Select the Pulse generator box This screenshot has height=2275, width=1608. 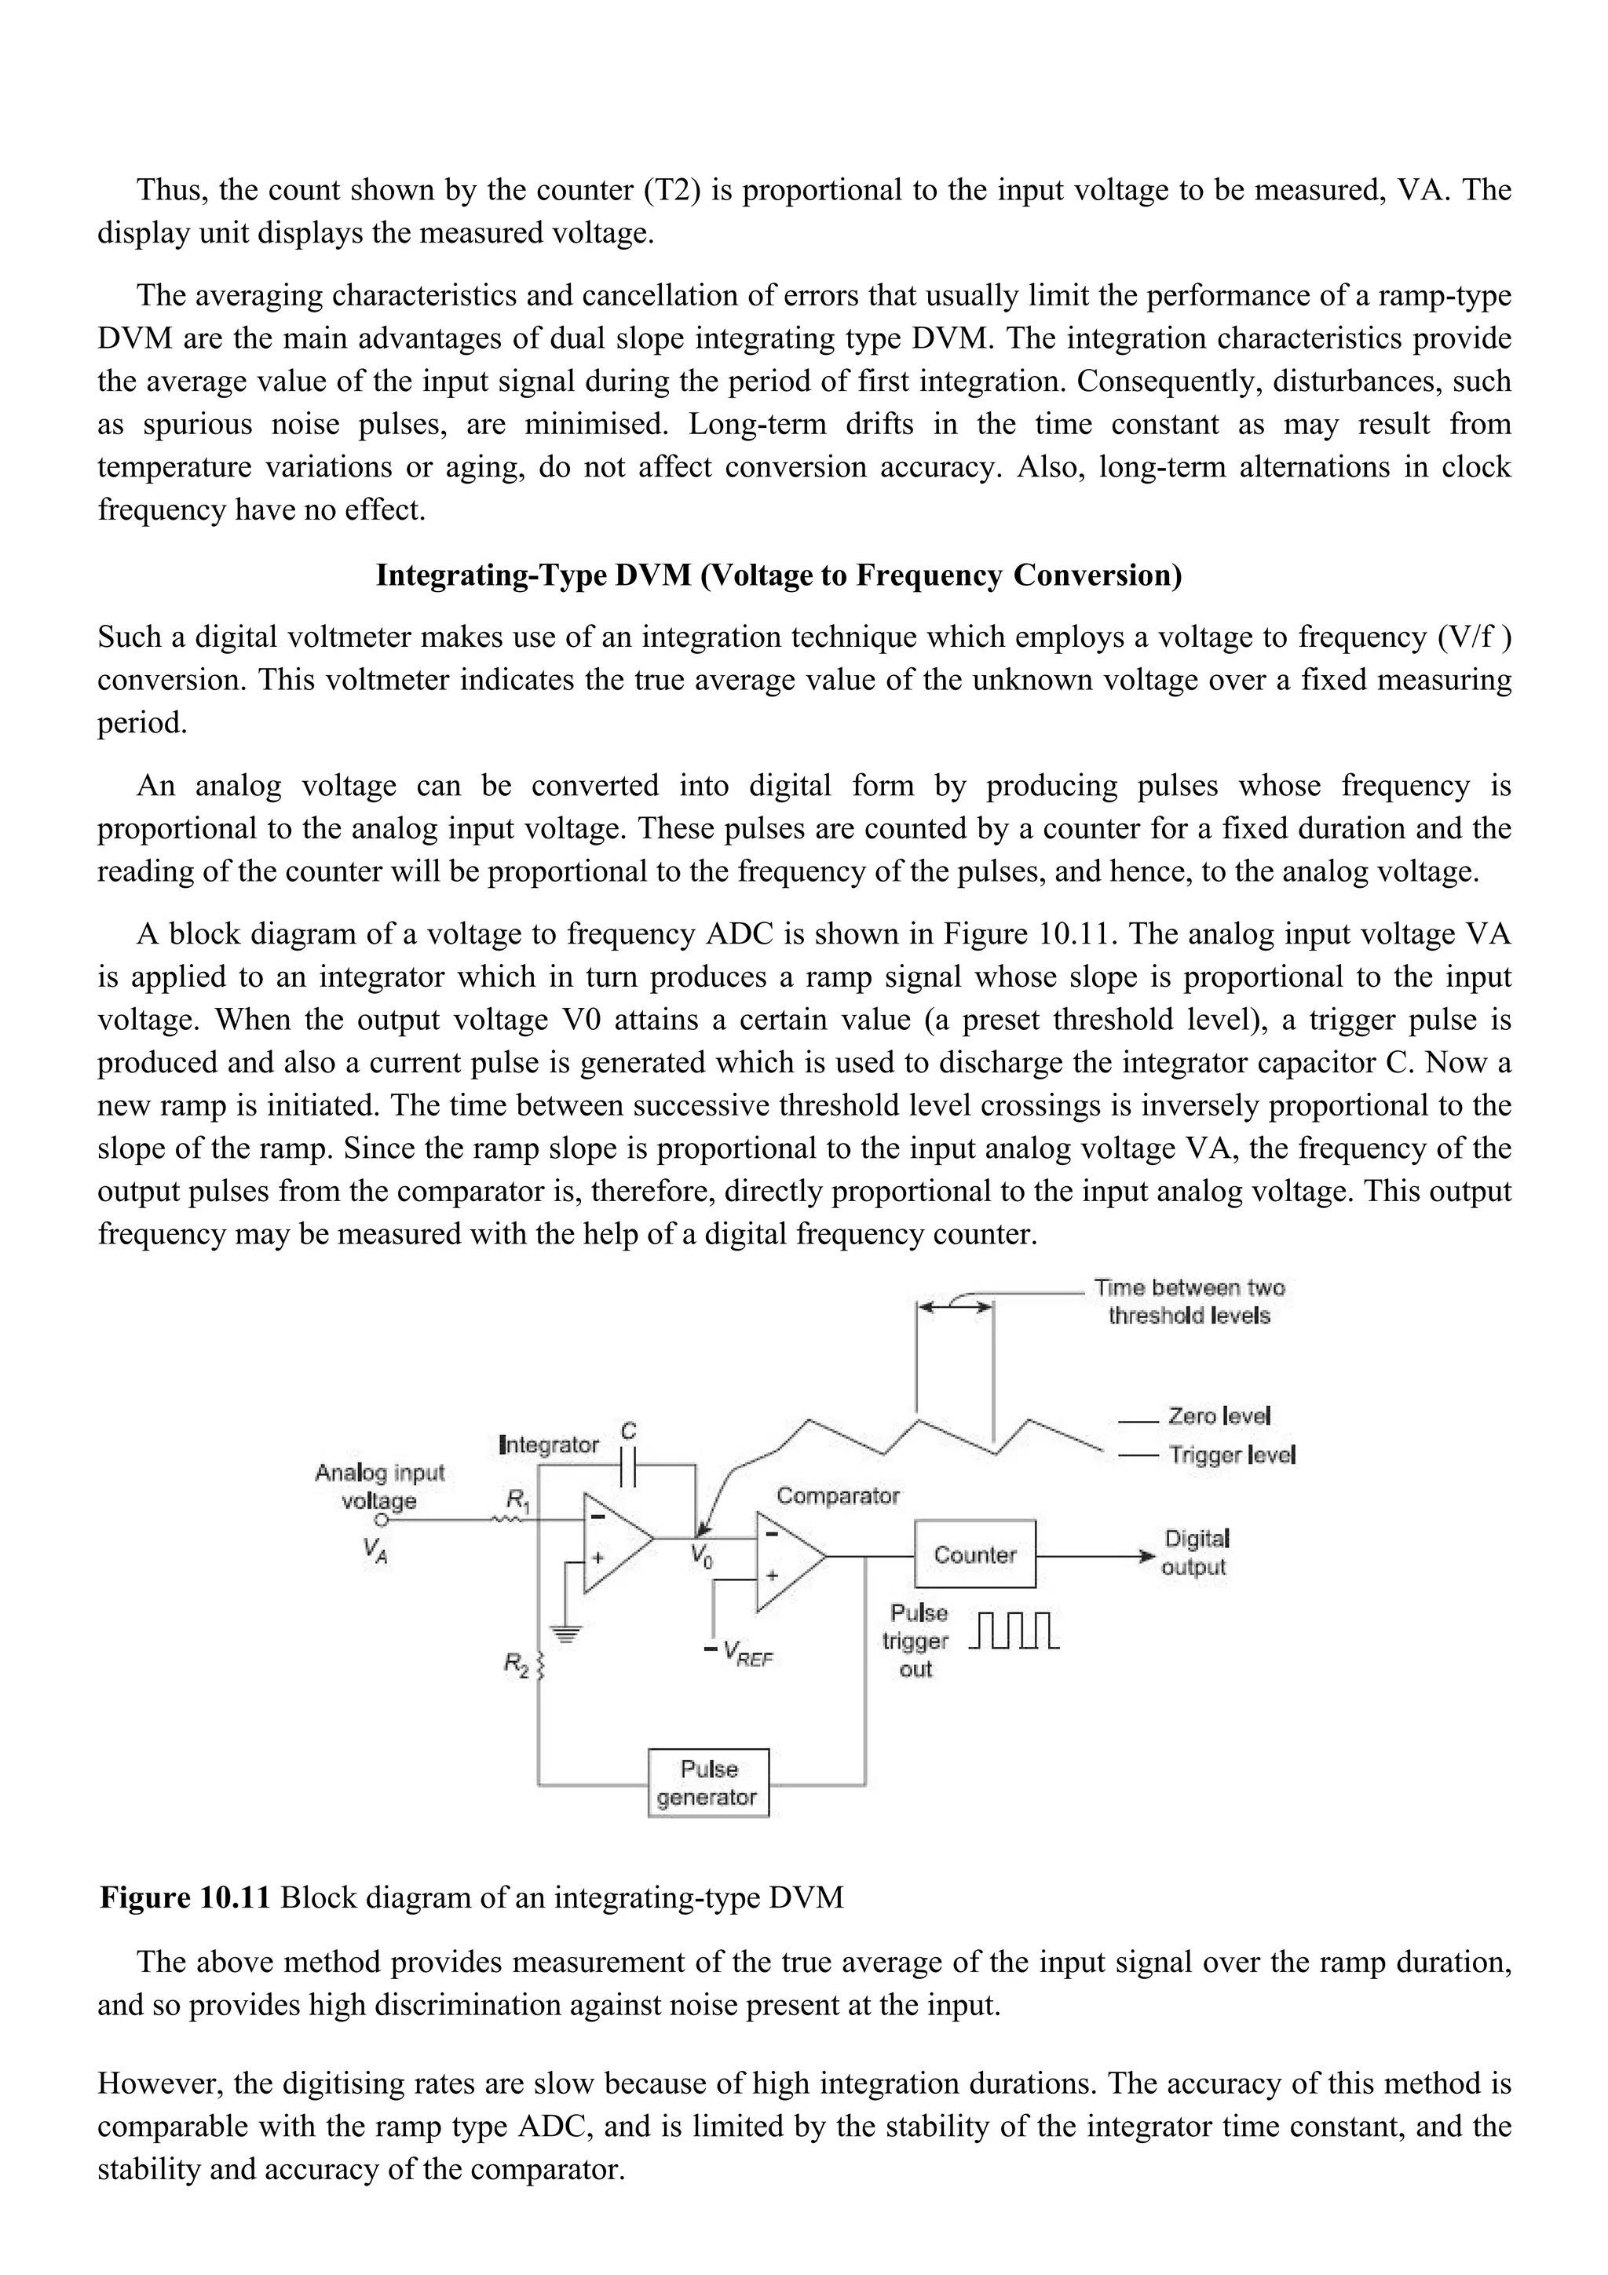click(x=707, y=1783)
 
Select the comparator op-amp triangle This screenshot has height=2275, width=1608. click(x=788, y=1561)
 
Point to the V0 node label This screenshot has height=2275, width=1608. click(x=700, y=1557)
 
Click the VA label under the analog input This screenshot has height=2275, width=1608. click(x=375, y=1550)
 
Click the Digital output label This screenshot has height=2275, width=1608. click(x=1195, y=1553)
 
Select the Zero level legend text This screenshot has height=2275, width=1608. click(x=1219, y=1416)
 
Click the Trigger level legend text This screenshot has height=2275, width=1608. click(x=1231, y=1455)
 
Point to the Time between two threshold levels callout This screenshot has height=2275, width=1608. click(x=1189, y=1301)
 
